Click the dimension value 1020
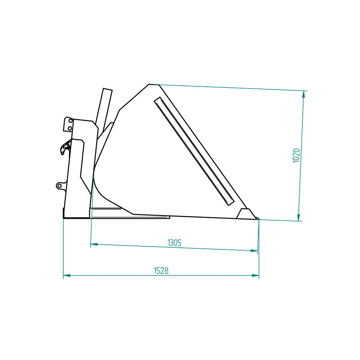[296, 156]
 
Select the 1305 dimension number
[175, 243]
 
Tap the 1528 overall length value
[161, 271]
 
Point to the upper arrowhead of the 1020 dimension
[303, 94]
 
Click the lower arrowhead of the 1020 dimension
[299, 217]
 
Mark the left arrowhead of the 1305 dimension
[94, 244]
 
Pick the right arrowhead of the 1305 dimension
[254, 251]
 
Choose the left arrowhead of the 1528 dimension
[67, 275]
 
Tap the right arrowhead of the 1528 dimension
[255, 275]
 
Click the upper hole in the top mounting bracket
[71, 121]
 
